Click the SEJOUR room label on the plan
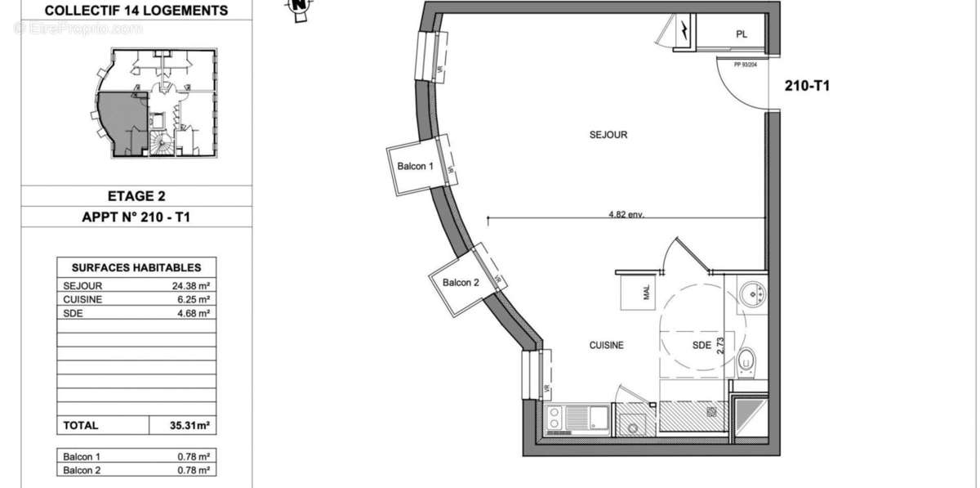[608, 135]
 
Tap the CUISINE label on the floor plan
[607, 346]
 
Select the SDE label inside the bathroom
[702, 346]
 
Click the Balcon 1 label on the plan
[415, 167]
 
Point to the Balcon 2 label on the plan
[461, 283]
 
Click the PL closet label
[741, 34]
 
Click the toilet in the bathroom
[746, 361]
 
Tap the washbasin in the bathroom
[751, 293]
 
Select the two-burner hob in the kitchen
[554, 418]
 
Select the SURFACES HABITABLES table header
[136, 267]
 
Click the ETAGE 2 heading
[131, 196]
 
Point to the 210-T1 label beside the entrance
[807, 86]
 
